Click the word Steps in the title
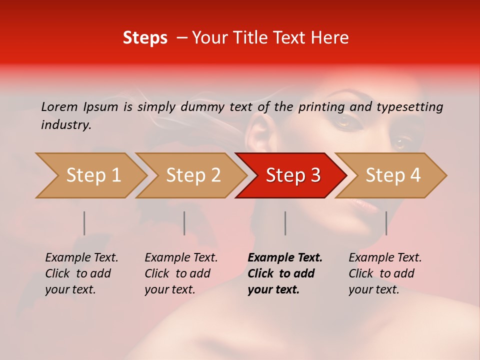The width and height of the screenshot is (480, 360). (145, 38)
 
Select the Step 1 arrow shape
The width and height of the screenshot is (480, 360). (90, 175)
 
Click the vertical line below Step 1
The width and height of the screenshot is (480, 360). (84, 223)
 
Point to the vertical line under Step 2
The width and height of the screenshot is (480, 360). (184, 223)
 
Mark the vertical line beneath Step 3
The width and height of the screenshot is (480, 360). (285, 223)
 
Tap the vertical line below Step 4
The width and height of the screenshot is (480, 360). (386, 223)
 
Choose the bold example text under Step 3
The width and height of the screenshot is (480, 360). (284, 273)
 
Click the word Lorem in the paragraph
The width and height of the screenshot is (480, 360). (59, 106)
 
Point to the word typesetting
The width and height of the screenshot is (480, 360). (409, 107)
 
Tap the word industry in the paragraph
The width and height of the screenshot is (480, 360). (66, 125)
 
